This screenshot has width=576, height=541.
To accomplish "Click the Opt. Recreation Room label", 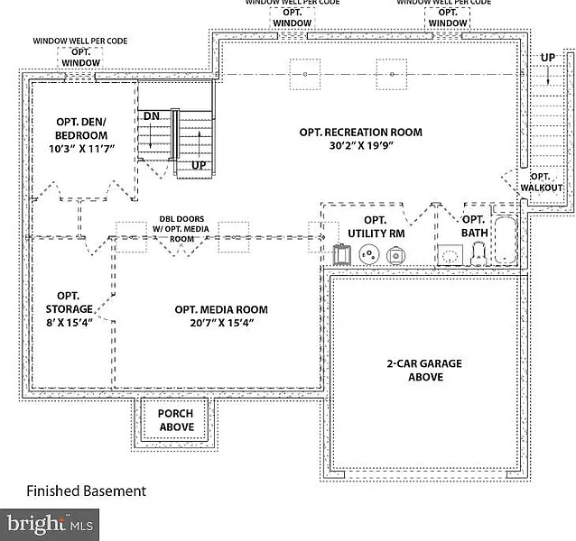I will pos(360,133).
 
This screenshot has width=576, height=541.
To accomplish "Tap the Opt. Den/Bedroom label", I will pos(69,128).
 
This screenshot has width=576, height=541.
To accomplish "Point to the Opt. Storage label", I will pos(69,302).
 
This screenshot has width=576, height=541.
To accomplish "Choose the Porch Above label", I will pos(176,420).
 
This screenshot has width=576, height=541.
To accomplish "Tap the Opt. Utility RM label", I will pos(376,226).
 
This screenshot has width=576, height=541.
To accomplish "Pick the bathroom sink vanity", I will pos(449,256).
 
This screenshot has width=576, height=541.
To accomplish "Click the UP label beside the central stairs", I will pos(200,166).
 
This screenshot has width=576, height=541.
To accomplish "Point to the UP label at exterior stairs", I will pos(547,58).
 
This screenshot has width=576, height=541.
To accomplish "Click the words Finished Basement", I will pos(86,491).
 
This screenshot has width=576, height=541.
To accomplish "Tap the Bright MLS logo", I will pos(50,522).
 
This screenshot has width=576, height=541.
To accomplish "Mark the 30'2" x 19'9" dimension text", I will pos(361,145).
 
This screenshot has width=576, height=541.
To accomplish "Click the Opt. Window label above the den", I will pos(81,56).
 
